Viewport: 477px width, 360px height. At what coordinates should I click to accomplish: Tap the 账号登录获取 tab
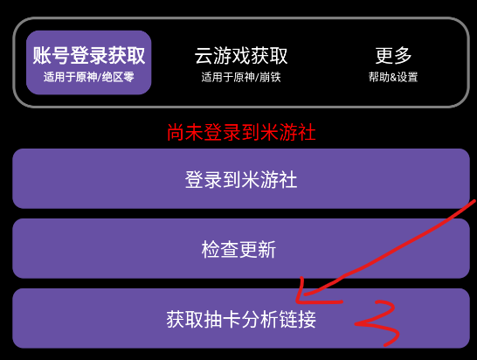click(88, 62)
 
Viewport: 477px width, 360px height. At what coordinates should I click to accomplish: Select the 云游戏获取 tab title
click(241, 55)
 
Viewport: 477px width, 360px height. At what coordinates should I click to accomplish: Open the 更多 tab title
click(393, 55)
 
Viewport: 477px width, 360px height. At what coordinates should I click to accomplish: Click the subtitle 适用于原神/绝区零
click(88, 77)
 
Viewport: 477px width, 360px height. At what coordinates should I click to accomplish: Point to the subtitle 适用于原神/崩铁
click(241, 77)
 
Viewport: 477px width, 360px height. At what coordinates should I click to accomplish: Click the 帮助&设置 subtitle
click(393, 77)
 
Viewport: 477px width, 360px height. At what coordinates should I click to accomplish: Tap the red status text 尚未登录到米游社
click(241, 132)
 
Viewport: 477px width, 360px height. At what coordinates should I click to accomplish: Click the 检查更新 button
click(241, 248)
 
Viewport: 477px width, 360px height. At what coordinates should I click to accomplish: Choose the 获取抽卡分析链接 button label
click(241, 319)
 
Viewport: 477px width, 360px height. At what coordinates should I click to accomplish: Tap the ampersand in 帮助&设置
click(393, 77)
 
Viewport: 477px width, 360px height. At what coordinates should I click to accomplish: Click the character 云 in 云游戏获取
click(204, 55)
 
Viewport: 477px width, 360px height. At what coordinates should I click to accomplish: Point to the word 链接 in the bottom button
click(298, 319)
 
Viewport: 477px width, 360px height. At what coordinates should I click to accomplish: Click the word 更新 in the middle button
click(258, 250)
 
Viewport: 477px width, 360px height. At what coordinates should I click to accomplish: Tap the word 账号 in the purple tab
click(51, 55)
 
